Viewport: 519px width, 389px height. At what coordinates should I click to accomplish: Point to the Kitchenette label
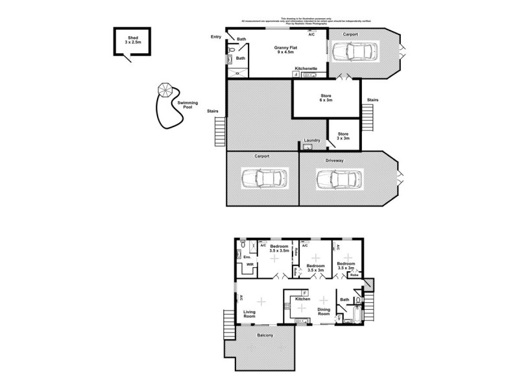(306, 68)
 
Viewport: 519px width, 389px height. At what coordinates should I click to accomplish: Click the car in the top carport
(351, 52)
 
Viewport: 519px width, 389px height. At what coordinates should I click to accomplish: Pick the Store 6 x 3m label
(325, 98)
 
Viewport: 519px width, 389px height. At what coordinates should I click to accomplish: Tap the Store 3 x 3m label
(343, 136)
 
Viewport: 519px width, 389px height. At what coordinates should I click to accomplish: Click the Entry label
(216, 38)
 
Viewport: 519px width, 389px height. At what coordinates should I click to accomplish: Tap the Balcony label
(265, 335)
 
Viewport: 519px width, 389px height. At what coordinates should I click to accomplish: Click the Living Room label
(250, 315)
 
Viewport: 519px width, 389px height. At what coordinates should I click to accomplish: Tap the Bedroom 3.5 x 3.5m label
(280, 249)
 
